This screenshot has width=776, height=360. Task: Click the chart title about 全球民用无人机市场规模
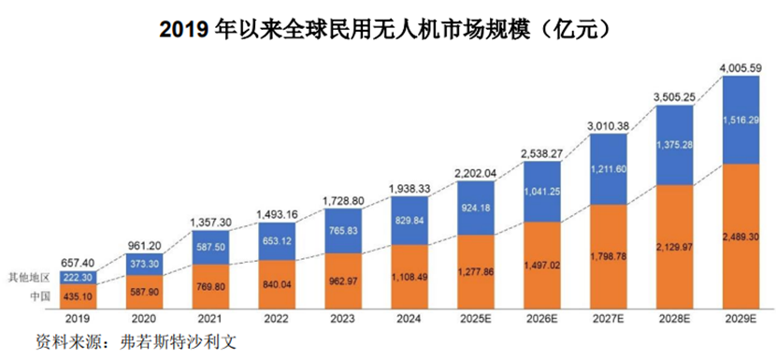click(387, 29)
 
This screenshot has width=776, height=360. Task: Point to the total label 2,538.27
click(540, 153)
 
